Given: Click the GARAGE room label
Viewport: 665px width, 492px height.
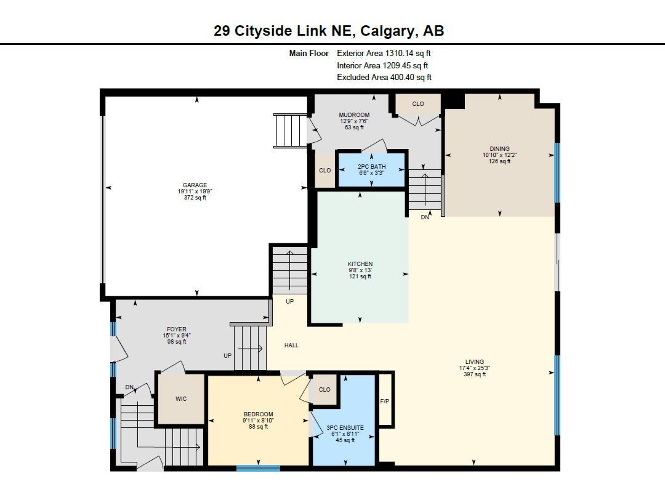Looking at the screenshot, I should (x=195, y=185).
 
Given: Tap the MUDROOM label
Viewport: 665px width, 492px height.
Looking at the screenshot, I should (x=354, y=115).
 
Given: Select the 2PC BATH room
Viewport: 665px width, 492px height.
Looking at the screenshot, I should (x=372, y=169).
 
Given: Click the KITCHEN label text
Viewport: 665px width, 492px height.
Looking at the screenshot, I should (x=360, y=264).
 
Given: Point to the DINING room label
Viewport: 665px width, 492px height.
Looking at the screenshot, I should (x=499, y=149).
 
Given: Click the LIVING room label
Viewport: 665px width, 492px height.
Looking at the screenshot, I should (x=474, y=362).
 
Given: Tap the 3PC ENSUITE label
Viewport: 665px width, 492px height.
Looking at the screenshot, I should (x=345, y=428).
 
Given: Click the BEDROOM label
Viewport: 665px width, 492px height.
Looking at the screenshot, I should (x=258, y=414).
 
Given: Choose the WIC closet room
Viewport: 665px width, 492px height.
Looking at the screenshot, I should (x=181, y=399).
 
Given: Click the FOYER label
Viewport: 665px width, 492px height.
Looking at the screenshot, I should (x=176, y=329).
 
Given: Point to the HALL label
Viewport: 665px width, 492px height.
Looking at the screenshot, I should (x=291, y=345).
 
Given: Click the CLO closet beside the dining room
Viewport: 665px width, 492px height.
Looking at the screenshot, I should (x=418, y=104).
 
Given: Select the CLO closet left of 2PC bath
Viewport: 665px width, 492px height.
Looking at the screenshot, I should (x=324, y=171).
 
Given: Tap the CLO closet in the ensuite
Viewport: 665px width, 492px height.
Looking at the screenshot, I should (x=324, y=390).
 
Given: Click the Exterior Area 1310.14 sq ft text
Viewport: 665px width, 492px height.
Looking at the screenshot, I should (x=384, y=54).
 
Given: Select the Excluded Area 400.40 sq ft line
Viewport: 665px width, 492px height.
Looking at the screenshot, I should (x=384, y=78).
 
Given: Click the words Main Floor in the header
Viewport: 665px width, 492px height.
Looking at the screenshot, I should (x=309, y=54).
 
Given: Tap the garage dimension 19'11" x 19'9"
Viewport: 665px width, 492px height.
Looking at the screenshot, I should (x=195, y=192).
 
